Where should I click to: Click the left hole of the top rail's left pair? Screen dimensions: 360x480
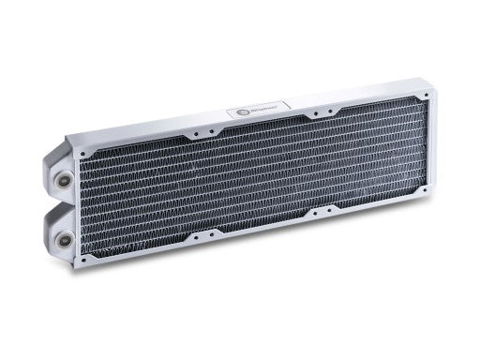coord(187,133)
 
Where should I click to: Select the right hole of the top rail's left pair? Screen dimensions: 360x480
coord(198,131)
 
